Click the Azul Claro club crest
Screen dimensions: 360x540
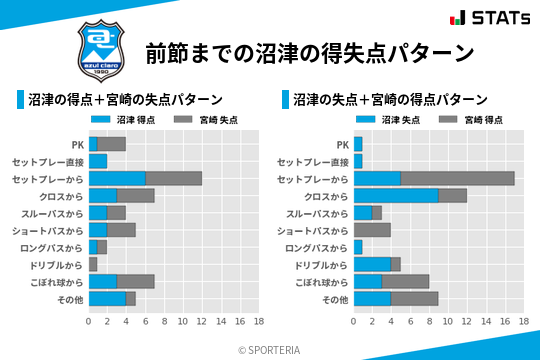coord(98,47)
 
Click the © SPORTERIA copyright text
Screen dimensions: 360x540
coord(270,349)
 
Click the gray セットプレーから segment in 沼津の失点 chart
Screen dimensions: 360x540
coord(458,178)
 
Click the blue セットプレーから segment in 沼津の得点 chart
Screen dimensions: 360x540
coord(117,178)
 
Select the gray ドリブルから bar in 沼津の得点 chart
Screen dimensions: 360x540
coord(93,264)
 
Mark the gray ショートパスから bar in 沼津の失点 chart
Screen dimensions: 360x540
coord(372,230)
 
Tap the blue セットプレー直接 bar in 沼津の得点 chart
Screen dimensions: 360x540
coord(98,161)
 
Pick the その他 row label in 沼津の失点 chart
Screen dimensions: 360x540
coord(335,299)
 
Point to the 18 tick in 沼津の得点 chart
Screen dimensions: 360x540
coord(258,321)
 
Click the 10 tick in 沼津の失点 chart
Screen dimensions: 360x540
coord(448,321)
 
